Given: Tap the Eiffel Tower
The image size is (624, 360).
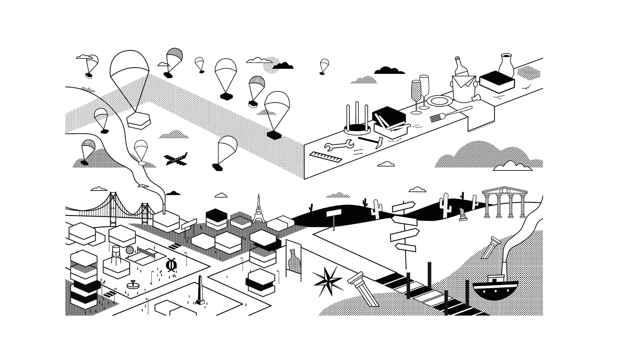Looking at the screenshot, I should (x=259, y=210).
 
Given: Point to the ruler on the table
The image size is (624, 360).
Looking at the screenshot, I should (x=326, y=158).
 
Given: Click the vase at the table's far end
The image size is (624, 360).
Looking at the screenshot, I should (x=506, y=65).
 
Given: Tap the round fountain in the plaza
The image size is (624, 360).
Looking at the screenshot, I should (x=133, y=285).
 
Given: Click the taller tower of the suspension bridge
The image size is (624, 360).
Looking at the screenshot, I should (x=113, y=209).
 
